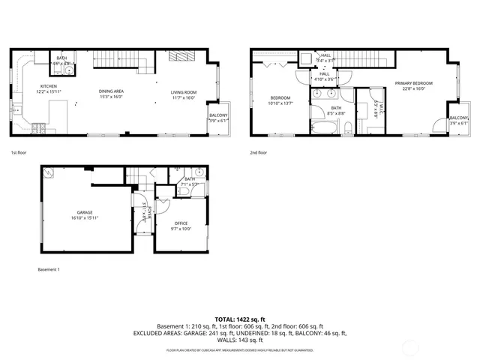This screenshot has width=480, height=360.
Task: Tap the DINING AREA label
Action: [111, 92]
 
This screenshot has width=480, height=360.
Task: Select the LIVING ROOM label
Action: [183, 92]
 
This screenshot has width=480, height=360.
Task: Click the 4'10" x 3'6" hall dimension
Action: [325, 79]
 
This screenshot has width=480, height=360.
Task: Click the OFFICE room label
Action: [181, 223]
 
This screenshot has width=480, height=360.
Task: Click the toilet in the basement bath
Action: [184, 192]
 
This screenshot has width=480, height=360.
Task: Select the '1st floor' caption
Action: [18, 152]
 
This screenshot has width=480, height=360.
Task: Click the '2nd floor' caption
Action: [258, 152]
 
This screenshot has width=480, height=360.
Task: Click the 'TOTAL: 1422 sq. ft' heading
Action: [239, 319]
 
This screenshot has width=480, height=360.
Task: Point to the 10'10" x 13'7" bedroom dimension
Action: [280, 103]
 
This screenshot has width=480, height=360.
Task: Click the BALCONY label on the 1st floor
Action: [218, 115]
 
